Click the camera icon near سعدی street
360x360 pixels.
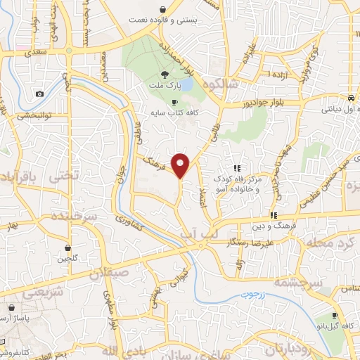[39, 94]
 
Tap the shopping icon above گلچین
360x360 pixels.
[67, 247]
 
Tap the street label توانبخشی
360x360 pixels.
[26, 115]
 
